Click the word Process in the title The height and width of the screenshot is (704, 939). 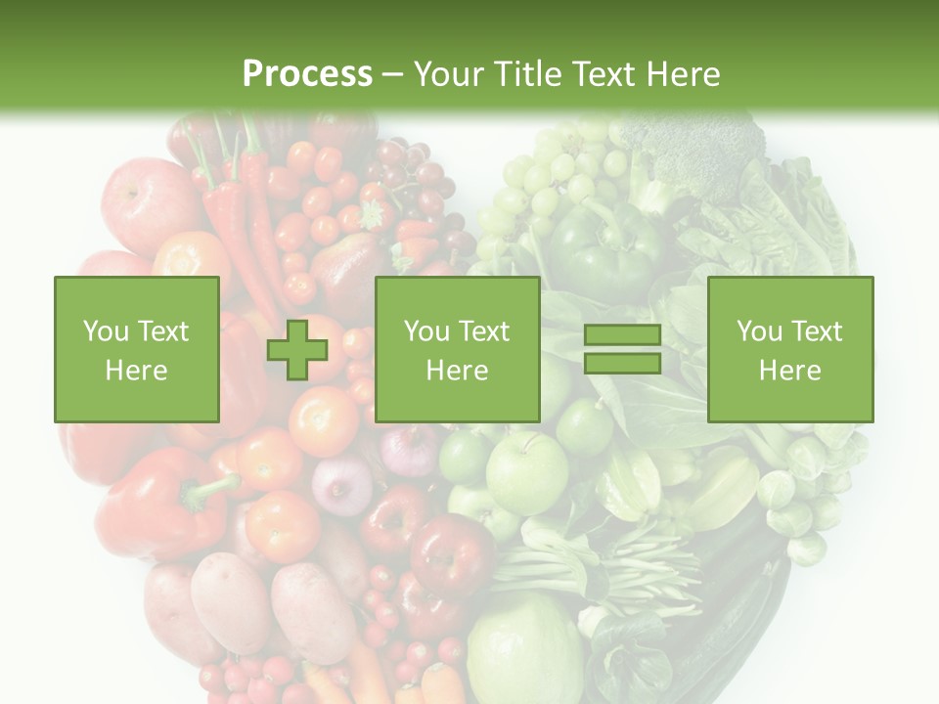307,73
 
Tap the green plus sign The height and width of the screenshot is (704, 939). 297,350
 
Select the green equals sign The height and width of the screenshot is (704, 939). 622,349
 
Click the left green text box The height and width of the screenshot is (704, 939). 137,350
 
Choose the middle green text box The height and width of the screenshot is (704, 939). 457,350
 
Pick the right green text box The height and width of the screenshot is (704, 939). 789,350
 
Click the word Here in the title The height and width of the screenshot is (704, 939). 685,73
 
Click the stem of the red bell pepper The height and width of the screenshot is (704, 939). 210,489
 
